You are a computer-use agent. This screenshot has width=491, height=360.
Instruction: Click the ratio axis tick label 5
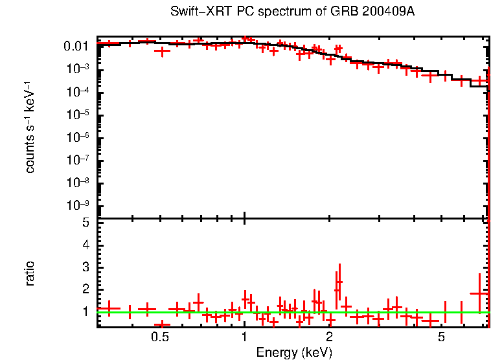click(x=86, y=223)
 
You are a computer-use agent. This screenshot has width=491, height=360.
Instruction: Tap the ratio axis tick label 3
click(x=86, y=267)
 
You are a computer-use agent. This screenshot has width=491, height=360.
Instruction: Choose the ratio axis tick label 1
click(x=86, y=311)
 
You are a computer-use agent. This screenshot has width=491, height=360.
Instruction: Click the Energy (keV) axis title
click(x=294, y=352)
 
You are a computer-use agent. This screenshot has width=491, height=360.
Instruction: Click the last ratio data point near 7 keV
click(x=479, y=293)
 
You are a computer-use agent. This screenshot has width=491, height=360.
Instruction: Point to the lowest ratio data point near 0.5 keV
click(x=162, y=324)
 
